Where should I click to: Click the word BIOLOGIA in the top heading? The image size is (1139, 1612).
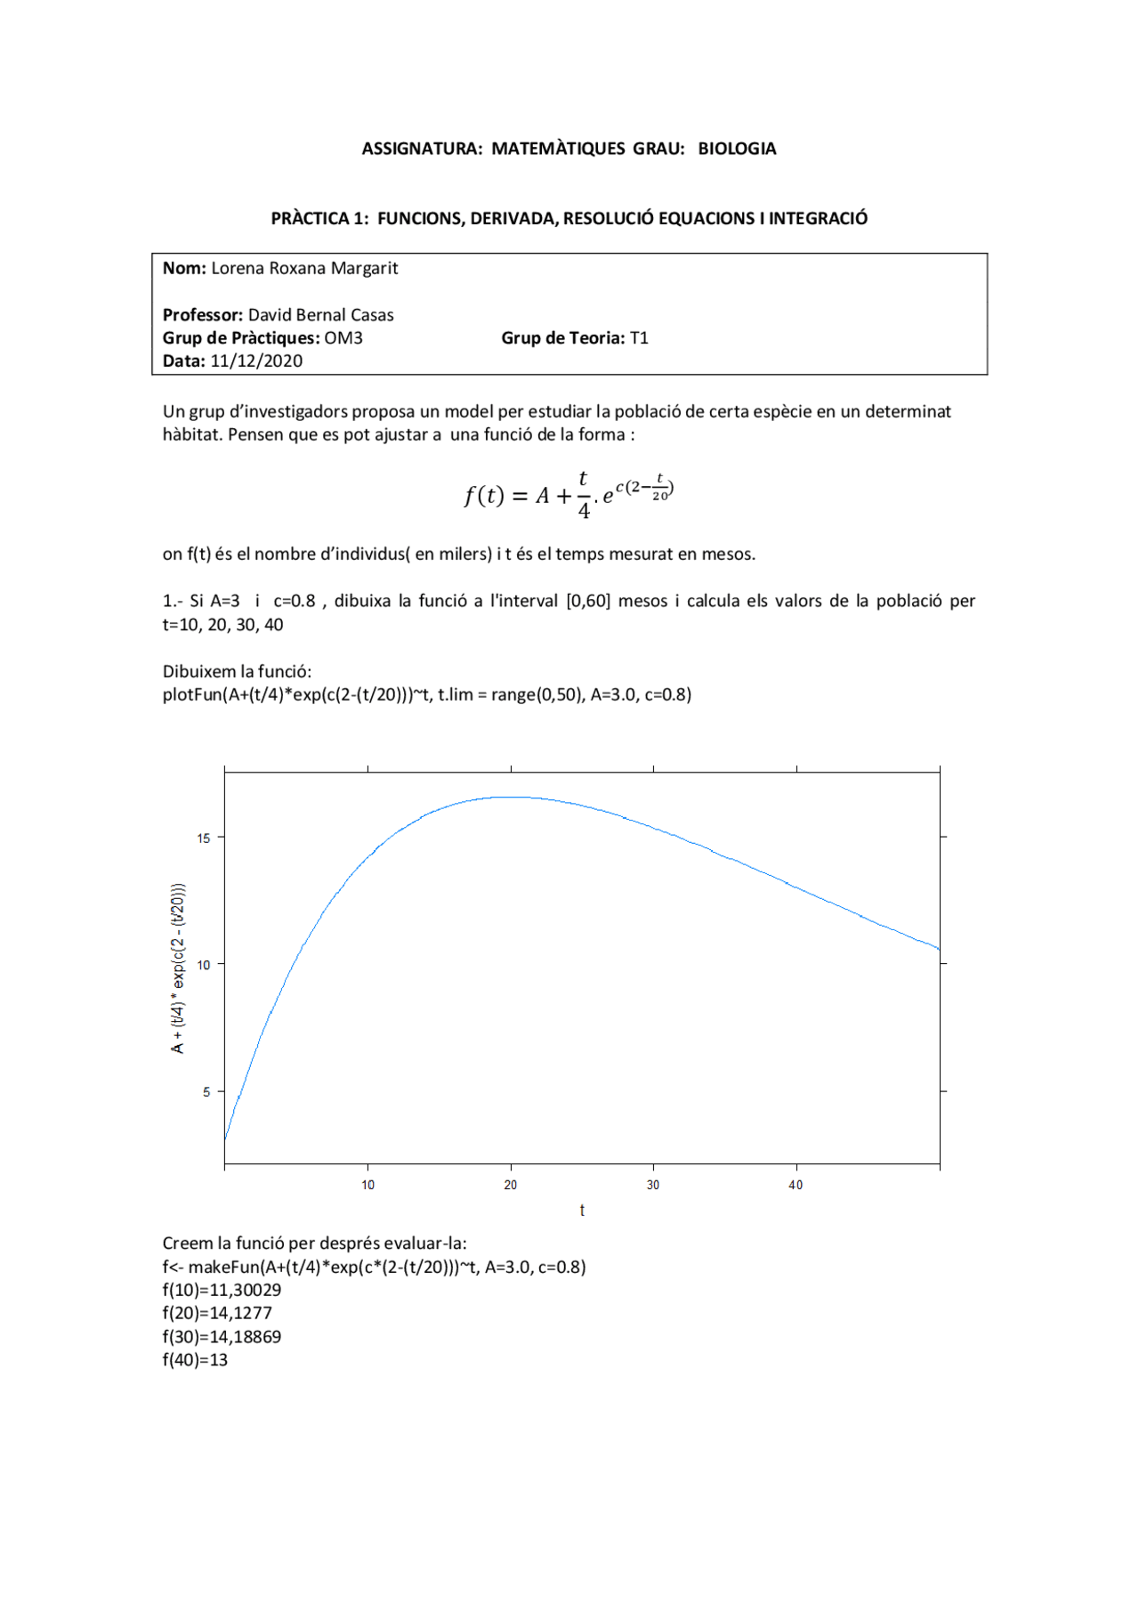click(737, 149)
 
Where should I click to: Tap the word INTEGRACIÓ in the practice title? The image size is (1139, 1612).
click(818, 218)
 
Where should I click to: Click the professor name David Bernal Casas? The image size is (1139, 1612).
click(320, 315)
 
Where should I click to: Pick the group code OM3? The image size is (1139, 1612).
click(343, 338)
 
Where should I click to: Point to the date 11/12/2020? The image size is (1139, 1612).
click(256, 361)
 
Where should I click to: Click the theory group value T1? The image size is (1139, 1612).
click(639, 338)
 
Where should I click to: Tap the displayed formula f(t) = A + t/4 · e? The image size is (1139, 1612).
click(568, 494)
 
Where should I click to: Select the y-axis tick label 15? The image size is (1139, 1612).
click(205, 838)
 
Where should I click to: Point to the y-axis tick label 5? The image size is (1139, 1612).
click(206, 1092)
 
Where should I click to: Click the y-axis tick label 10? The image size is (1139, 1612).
click(205, 965)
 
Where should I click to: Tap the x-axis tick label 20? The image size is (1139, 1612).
click(511, 1185)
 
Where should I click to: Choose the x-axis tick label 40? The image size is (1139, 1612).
click(796, 1185)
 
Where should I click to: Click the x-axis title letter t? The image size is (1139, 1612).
click(582, 1211)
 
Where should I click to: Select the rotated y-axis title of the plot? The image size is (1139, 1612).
click(178, 968)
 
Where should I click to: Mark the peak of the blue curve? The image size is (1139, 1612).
click(511, 798)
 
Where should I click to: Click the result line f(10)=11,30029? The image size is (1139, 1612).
click(222, 1291)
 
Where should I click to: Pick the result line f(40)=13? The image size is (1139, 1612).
click(195, 1360)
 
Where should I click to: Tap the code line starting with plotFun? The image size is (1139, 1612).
click(426, 695)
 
